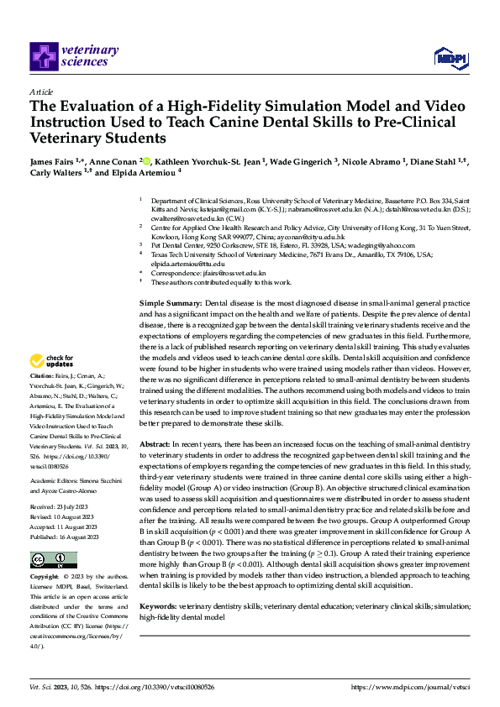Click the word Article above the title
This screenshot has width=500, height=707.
[x=41, y=91]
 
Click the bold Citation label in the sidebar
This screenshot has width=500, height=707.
[x=41, y=399]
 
